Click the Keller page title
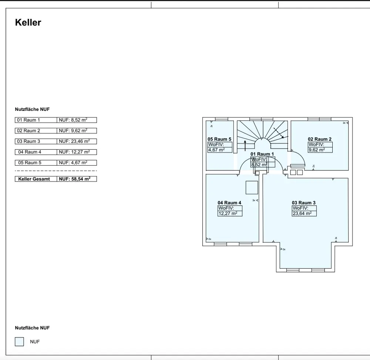click(28, 23)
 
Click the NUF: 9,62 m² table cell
click(77, 131)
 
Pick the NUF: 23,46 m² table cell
click(77, 142)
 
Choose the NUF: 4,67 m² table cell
click(77, 163)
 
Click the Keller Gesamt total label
click(36, 179)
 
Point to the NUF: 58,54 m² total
click(77, 179)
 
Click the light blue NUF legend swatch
click(19, 342)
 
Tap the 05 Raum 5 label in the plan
click(219, 139)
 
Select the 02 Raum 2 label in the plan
click(320, 139)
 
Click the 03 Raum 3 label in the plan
click(304, 203)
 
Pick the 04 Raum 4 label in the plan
click(229, 203)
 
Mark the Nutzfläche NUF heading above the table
click(32, 109)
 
